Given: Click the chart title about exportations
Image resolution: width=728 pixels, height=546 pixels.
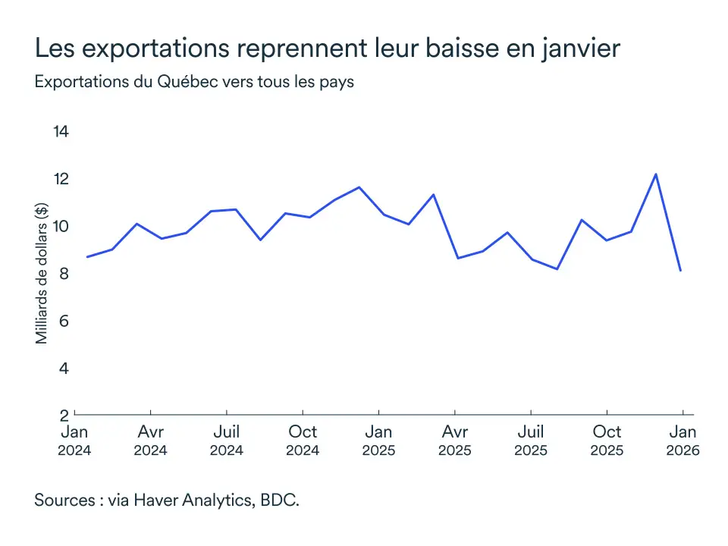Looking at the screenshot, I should point(328,49).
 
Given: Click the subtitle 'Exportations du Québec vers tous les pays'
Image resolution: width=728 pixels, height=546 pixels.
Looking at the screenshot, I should point(194,83).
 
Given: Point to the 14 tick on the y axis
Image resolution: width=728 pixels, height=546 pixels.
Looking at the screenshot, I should point(61,132).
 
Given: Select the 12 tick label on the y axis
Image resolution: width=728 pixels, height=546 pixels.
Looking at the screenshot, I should point(61,179).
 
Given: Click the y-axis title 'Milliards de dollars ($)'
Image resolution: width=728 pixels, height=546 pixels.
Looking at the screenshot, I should point(42,274).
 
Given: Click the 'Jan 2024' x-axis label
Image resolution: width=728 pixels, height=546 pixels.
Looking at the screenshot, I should point(75,441).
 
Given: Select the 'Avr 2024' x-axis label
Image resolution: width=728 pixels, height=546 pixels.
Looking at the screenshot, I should point(151,441).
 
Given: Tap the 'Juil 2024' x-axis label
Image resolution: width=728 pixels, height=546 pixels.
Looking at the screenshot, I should point(227,441).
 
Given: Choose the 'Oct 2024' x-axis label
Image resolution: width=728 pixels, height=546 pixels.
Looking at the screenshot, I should point(303,441).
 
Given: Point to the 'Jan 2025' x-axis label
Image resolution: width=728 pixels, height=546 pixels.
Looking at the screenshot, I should point(378,441).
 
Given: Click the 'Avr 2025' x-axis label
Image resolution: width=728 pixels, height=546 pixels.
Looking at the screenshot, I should point(454,441).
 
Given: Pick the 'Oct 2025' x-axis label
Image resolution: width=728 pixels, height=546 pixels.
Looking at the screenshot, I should point(606,441).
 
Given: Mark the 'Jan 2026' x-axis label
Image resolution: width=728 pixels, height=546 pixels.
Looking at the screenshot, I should point(682,441).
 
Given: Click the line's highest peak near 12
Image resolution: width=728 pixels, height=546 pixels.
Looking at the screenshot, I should point(656,174).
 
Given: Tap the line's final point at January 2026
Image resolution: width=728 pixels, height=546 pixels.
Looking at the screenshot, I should point(681,271).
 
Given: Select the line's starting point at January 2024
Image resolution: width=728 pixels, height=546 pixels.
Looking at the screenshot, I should point(87,257).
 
